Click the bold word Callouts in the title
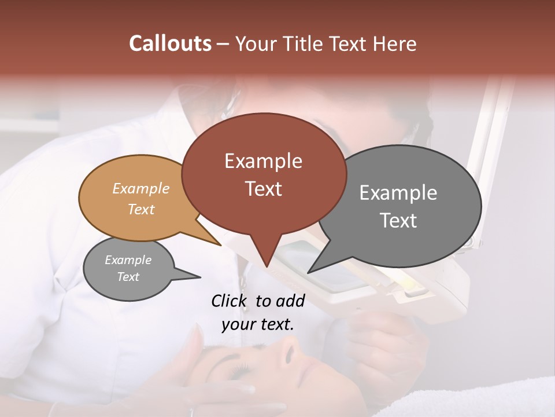point(170,43)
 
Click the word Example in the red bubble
point(263,161)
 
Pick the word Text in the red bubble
point(264,189)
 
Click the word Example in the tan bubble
point(141,188)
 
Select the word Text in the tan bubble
point(141,209)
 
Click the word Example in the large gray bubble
point(398,193)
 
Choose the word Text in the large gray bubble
point(398,221)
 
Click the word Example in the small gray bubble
point(128,260)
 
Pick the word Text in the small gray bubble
point(128,277)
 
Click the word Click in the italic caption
point(230,301)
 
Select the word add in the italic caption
point(290,301)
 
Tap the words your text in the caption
point(258,324)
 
